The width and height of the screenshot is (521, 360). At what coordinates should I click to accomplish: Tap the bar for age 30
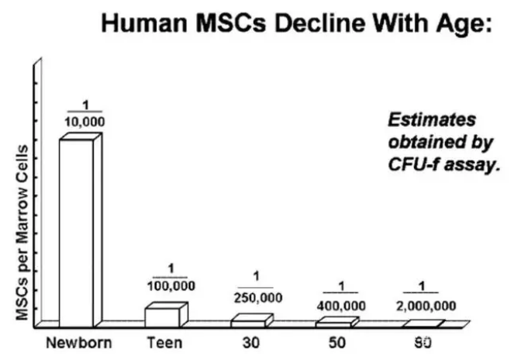pos(249,320)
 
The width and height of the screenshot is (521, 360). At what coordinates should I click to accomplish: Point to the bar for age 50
pos(336,321)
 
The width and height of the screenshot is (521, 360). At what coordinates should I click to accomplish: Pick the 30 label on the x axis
pos(250,341)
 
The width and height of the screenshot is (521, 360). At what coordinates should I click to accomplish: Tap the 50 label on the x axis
pos(336,341)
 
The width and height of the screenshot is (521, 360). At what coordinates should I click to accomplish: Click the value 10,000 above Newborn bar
pos(85,122)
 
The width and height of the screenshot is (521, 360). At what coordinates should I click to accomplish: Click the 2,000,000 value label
pos(426,305)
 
